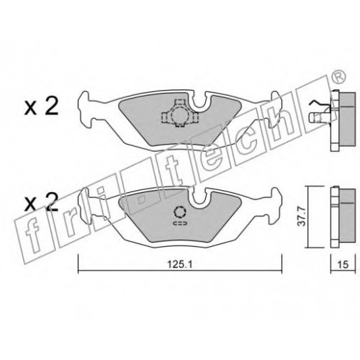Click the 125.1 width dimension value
click(180, 265)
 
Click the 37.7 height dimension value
click(301, 217)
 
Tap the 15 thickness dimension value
click(343, 264)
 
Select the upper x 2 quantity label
click(41, 107)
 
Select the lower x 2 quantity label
click(41, 203)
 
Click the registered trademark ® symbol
click(339, 77)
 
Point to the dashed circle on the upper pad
click(179, 115)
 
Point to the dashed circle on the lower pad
click(180, 212)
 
